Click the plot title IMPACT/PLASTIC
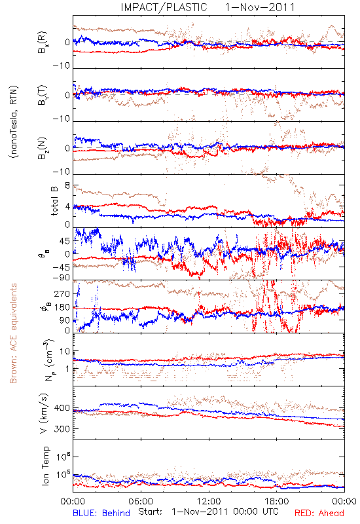pyautogui.click(x=164, y=7)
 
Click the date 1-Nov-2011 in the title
pyautogui.click(x=260, y=7)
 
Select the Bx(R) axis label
pyautogui.click(x=42, y=43)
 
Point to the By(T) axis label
pyautogui.click(x=42, y=95)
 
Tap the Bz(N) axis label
pyautogui.click(x=42, y=148)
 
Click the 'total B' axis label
pyautogui.click(x=54, y=201)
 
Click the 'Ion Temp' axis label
pyautogui.click(x=45, y=466)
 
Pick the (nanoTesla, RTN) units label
pyautogui.click(x=14, y=122)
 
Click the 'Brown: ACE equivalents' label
pyautogui.click(x=13, y=333)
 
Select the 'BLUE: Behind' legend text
pyautogui.click(x=101, y=513)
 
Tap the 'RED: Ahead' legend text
pyautogui.click(x=319, y=513)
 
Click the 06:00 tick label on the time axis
pyautogui.click(x=141, y=502)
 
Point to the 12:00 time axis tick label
pyautogui.click(x=209, y=502)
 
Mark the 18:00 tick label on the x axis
pyautogui.click(x=277, y=502)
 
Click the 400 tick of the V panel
pyautogui.click(x=62, y=408)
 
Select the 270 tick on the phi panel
pyautogui.click(x=62, y=293)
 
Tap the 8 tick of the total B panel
pyautogui.click(x=67, y=185)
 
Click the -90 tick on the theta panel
pyautogui.click(x=62, y=277)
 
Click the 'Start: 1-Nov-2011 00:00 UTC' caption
pyautogui.click(x=208, y=512)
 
